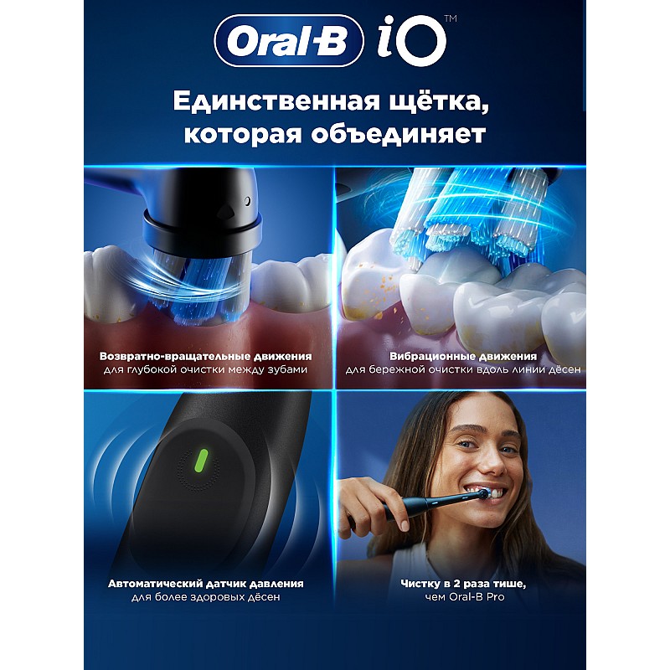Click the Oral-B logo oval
[289, 40]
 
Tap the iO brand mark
[411, 41]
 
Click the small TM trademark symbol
[451, 18]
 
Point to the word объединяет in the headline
[399, 134]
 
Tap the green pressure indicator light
[201, 461]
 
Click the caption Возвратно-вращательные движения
[205, 356]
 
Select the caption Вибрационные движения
[463, 356]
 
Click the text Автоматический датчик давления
[205, 584]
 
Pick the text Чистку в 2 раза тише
[463, 584]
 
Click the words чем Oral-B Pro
[465, 597]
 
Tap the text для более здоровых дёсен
[205, 597]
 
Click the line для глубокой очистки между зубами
[205, 369]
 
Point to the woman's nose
[491, 461]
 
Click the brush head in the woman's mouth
[483, 494]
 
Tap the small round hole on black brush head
[247, 201]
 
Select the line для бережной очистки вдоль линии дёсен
[463, 369]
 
